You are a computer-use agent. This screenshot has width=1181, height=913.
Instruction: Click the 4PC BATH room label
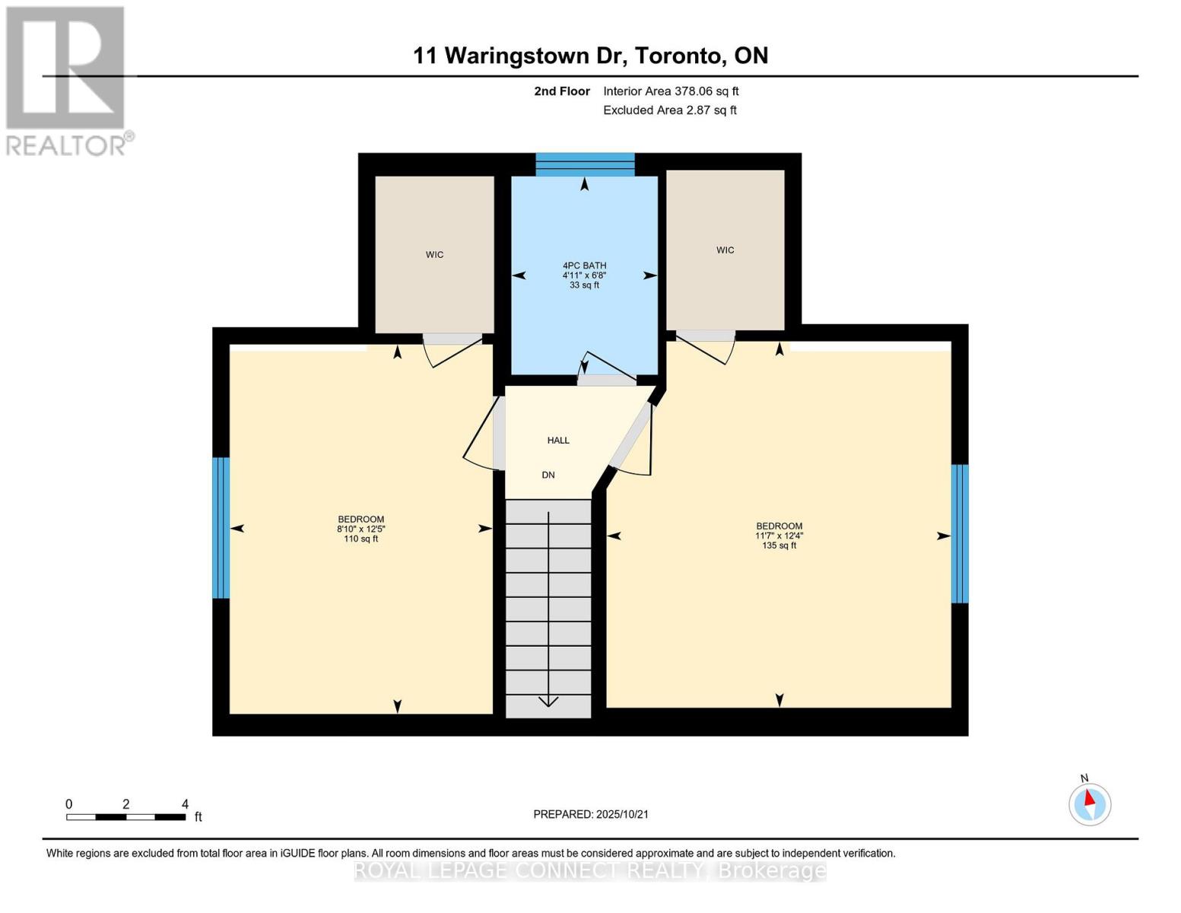pos(584,266)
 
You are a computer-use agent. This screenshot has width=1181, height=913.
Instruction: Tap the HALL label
pos(558,441)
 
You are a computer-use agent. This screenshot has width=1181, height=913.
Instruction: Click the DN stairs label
pos(548,475)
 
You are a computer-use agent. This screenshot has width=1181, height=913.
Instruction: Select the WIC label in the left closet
pos(434,255)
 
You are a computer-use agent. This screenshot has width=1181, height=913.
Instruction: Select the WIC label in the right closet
pos(725,250)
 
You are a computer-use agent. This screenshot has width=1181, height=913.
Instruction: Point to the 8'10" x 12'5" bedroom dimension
pos(361,529)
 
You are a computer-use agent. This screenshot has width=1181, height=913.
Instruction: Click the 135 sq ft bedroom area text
pos(779,546)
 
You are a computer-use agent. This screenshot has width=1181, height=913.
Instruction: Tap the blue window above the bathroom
pos(585,164)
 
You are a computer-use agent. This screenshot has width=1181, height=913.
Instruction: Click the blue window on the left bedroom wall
pos(221,527)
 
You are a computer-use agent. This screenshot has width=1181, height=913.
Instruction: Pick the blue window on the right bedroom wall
pos(960,533)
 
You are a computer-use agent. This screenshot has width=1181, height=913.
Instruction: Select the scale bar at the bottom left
pos(125,817)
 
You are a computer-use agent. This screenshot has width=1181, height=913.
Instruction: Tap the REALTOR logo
pos(66,80)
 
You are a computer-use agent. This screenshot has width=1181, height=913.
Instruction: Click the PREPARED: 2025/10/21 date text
pos(591,814)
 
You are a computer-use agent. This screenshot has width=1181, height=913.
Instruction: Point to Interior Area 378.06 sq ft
pos(671,91)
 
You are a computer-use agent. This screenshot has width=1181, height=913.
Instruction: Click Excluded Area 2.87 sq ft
pos(669,110)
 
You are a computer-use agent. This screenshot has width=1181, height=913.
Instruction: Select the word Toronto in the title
pos(679,56)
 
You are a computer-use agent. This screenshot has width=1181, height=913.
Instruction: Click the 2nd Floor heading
pos(562,91)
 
